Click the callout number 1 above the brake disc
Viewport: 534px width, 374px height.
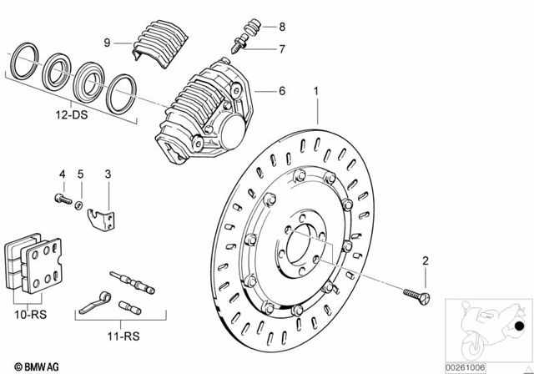pyautogui.click(x=316, y=90)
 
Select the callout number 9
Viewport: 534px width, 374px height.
pyautogui.click(x=108, y=42)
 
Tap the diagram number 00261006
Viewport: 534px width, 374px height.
pyautogui.click(x=486, y=366)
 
